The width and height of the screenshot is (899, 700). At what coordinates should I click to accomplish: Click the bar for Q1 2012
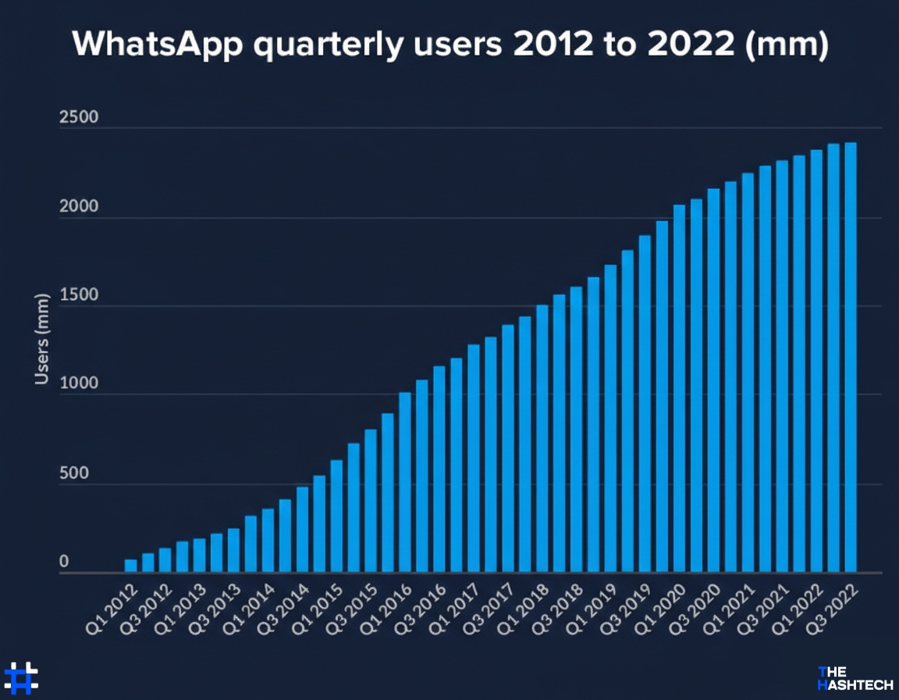click(x=130, y=566)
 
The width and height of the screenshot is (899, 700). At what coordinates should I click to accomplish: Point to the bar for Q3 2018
click(x=576, y=430)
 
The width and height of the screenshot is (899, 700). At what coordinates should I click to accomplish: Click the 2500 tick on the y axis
click(x=78, y=118)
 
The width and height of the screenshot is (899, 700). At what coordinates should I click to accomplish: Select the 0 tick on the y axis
click(x=65, y=562)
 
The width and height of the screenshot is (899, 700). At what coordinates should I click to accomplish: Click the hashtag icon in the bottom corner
click(x=21, y=678)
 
